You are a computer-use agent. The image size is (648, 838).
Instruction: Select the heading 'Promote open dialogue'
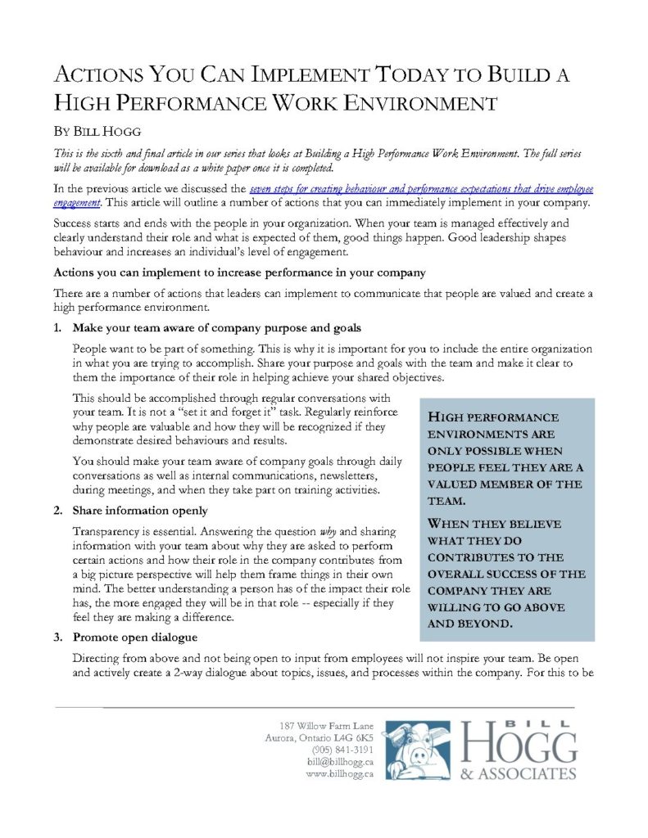pos(135,637)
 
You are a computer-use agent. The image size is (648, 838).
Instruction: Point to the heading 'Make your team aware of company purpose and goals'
pos(216,328)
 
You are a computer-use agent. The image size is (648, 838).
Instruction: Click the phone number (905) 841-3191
pos(342,749)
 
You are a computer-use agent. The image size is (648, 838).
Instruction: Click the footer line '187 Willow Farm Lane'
pos(326,725)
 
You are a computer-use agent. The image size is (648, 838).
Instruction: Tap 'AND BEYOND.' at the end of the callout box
pos(471,624)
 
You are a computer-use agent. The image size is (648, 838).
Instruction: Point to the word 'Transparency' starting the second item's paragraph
pos(107,530)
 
